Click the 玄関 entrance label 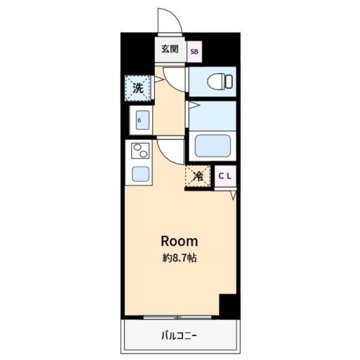coord(170,49)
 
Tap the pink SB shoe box coord(194,51)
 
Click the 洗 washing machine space coord(139,87)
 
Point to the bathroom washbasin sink coord(142,119)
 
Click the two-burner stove coord(140,151)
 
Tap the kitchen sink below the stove coord(140,173)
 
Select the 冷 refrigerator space coord(197,176)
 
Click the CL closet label coord(225,176)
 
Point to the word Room coord(179,241)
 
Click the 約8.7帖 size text coord(179,259)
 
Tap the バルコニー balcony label coord(179,335)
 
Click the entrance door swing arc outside coord(170,22)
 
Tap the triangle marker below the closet coord(234,195)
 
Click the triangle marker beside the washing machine coord(157,79)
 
